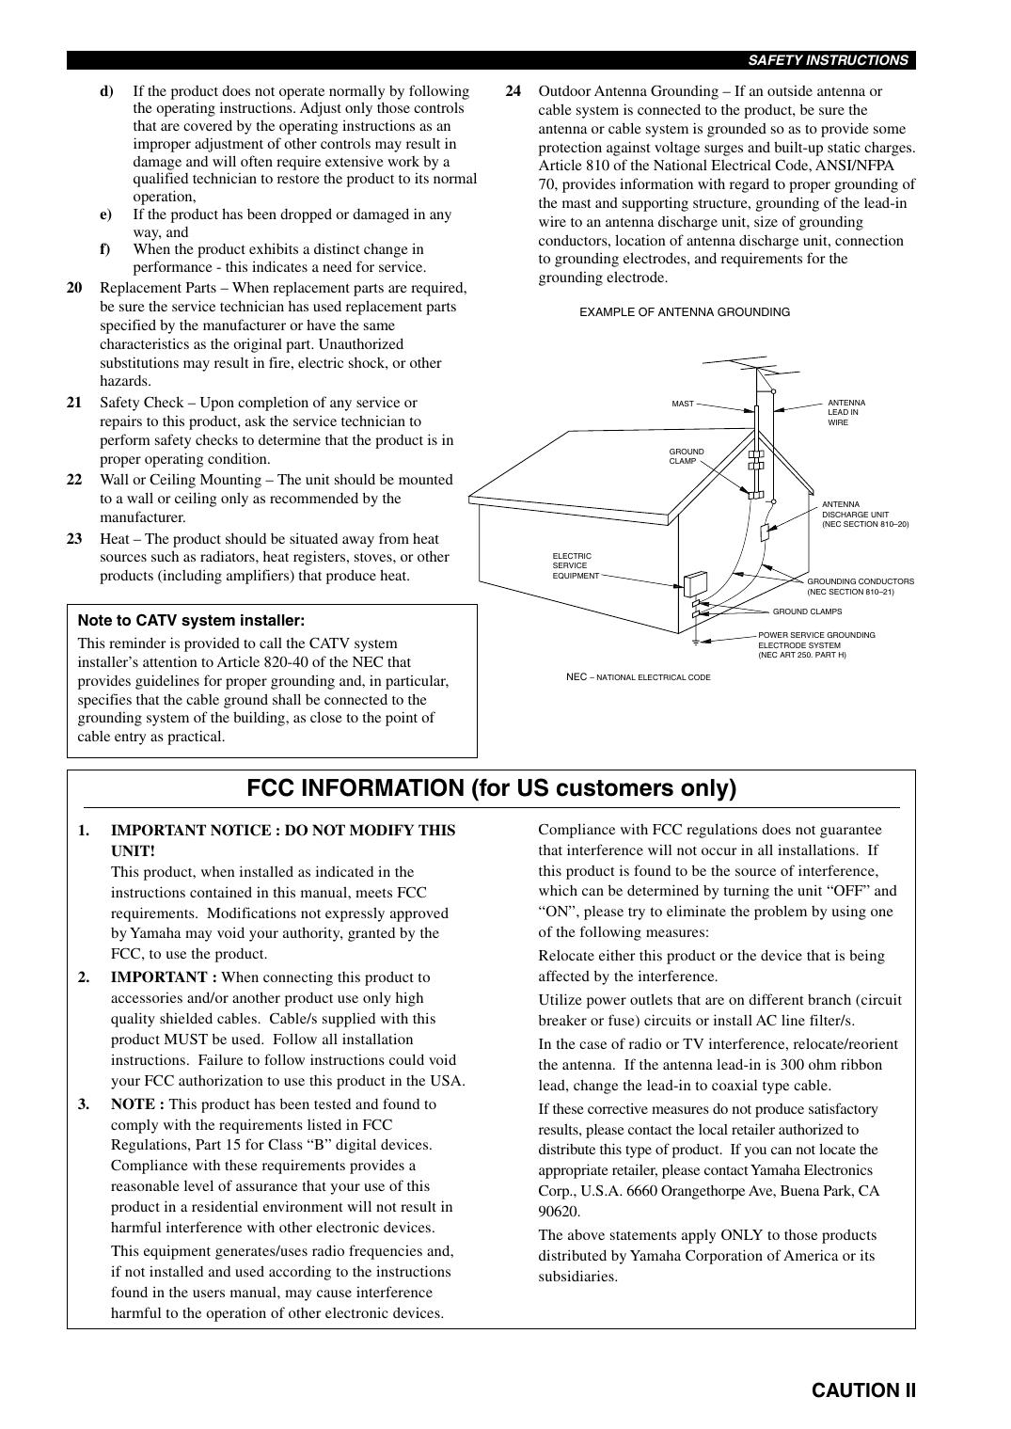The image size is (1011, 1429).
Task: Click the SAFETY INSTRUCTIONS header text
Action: (828, 60)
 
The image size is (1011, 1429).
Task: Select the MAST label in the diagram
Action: (683, 404)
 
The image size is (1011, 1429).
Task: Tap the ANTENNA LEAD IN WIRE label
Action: (845, 412)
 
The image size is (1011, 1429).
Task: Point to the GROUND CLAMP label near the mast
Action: (687, 456)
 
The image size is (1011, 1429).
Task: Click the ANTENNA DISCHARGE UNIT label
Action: (864, 515)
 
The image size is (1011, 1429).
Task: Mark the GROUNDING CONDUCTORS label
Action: (860, 586)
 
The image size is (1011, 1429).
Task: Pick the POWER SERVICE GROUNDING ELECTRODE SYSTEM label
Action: (815, 644)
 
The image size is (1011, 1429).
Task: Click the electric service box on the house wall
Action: (696, 583)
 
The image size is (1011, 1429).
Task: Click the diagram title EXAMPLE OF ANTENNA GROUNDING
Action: (685, 312)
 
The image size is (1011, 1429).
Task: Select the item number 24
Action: (513, 91)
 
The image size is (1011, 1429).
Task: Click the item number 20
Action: (74, 288)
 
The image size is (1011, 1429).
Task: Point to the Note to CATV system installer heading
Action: (191, 621)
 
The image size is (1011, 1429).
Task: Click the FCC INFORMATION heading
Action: (491, 788)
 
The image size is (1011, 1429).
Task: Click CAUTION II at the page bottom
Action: (863, 1390)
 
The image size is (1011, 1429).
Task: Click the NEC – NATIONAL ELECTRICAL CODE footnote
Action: (638, 677)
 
